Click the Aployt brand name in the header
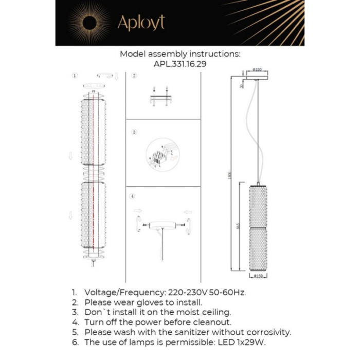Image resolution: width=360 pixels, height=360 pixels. tap(141, 23)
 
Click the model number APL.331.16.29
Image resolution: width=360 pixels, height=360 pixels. tap(179, 64)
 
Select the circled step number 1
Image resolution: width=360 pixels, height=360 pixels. tap(75, 76)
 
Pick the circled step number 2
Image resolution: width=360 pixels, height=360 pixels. tap(134, 76)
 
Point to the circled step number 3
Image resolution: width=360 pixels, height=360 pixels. tap(134, 132)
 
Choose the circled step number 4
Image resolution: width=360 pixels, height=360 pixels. tap(133, 197)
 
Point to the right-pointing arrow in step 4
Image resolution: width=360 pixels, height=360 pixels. tap(137, 210)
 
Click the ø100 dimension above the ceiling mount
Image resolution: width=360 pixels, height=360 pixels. tap(258, 70)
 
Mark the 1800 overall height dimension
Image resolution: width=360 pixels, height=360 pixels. tap(232, 175)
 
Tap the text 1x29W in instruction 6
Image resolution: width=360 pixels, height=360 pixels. tap(248, 342)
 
